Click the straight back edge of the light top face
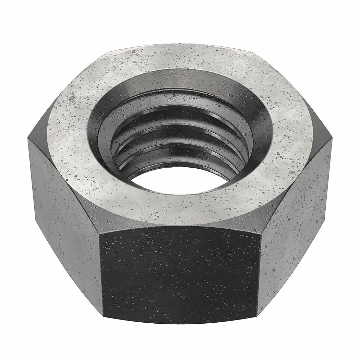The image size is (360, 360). [180, 45]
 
